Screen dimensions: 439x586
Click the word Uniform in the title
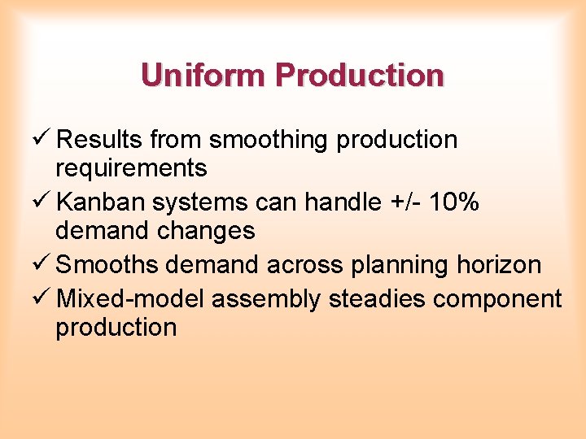204,76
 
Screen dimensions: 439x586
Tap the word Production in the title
360,76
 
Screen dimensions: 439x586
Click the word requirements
131,168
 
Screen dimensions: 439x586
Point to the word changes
206,231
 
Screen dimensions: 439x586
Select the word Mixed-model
130,299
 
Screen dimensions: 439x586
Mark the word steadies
377,299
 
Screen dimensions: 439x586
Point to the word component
497,299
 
